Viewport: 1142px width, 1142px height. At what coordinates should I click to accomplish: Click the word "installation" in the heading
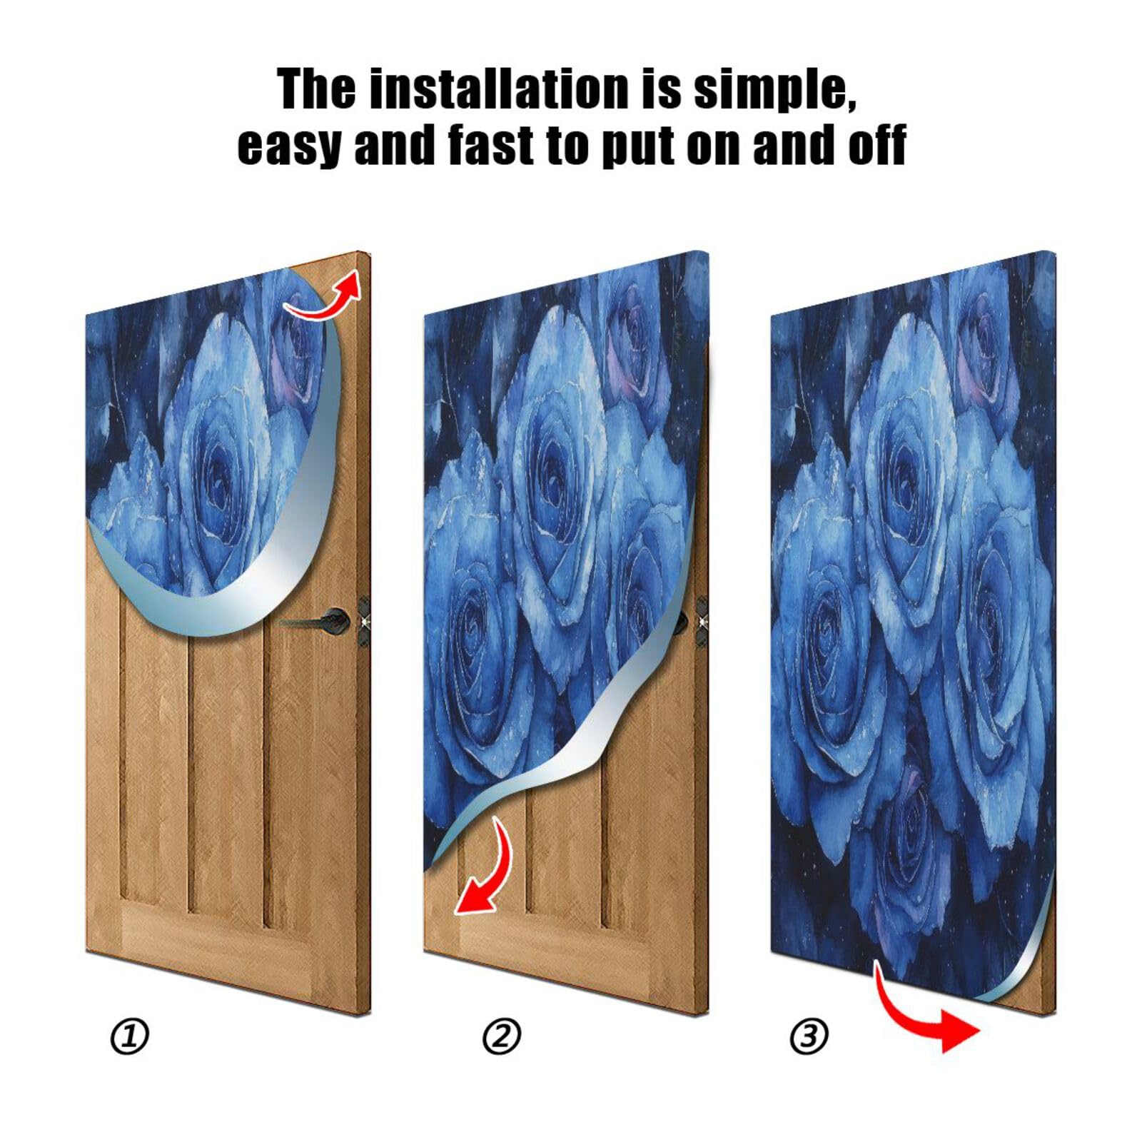click(497, 90)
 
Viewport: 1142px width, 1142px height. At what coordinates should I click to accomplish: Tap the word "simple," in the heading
click(774, 90)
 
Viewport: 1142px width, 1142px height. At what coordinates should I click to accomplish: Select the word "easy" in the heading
click(289, 146)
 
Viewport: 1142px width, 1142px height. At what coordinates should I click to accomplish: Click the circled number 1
click(129, 1036)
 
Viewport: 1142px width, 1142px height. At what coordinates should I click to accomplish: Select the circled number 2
click(502, 1036)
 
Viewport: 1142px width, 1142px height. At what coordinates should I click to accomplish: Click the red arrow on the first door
click(325, 297)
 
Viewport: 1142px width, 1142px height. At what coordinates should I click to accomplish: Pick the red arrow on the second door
click(487, 869)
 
